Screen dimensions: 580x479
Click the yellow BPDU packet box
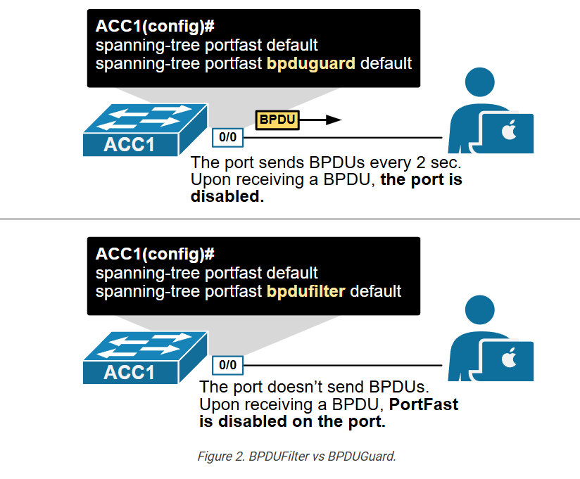coord(277,120)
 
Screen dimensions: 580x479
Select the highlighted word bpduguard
coord(311,63)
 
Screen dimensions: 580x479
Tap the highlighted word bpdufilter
coord(306,291)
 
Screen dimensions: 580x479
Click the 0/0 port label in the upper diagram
coord(227,137)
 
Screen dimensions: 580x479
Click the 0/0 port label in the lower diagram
coord(227,365)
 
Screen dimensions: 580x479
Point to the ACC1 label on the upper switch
coord(129,144)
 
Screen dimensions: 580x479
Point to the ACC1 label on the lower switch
coord(129,372)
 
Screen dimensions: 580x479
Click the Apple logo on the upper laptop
coord(509,129)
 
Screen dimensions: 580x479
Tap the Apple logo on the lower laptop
coord(509,357)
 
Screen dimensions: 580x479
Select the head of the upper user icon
coord(480,82)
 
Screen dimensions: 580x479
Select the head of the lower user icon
coord(480,309)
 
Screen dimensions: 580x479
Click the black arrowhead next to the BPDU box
coord(334,120)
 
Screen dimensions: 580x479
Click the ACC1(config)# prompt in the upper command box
coord(155,26)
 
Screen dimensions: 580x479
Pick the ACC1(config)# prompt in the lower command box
coord(155,254)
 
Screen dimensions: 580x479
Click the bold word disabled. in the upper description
coord(227,196)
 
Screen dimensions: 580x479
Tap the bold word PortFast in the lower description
coord(424,404)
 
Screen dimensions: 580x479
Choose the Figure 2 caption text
coord(296,456)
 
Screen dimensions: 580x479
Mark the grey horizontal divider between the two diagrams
coord(290,219)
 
